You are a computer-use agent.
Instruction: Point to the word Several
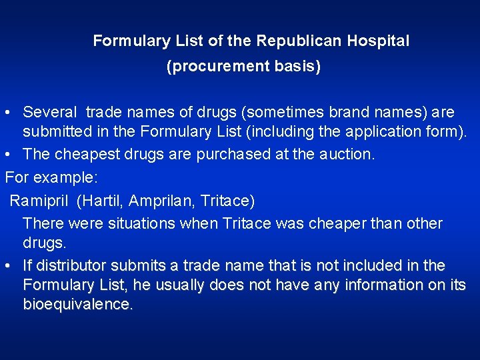pyautogui.click(x=51, y=113)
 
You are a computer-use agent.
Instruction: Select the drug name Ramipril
pyautogui.click(x=41, y=200)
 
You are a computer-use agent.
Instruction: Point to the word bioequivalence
pyautogui.click(x=78, y=305)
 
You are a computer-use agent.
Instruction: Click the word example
pyautogui.click(x=69, y=178)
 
